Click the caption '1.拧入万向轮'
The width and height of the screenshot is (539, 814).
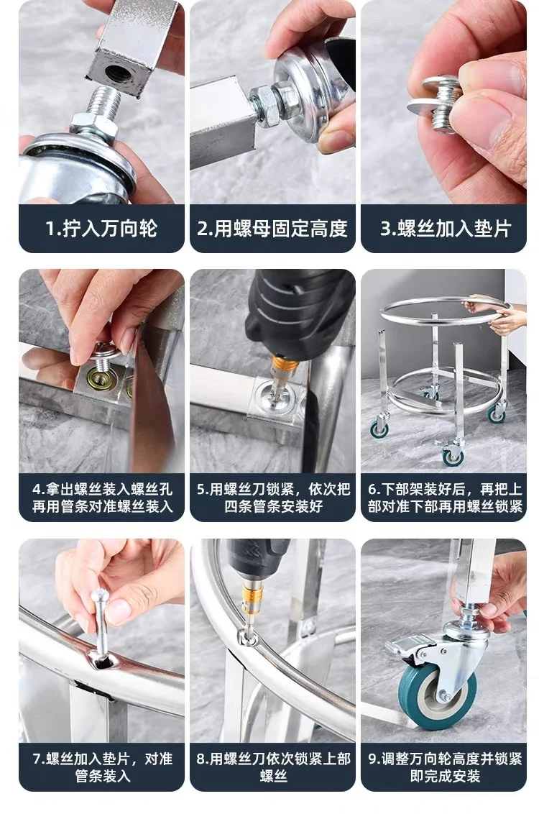point(101,229)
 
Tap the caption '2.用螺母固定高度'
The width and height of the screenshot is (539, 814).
point(272,229)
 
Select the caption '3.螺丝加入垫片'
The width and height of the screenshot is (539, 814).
point(446,229)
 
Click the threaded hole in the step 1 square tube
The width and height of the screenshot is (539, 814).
point(116,72)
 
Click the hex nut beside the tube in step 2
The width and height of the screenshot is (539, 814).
point(266,106)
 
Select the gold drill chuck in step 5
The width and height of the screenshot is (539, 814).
point(284,362)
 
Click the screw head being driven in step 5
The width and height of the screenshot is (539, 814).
point(276,391)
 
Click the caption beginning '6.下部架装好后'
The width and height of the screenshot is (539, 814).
point(445,498)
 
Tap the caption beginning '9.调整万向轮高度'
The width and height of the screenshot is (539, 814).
point(445,767)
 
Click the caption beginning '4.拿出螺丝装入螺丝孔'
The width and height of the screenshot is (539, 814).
point(101,498)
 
